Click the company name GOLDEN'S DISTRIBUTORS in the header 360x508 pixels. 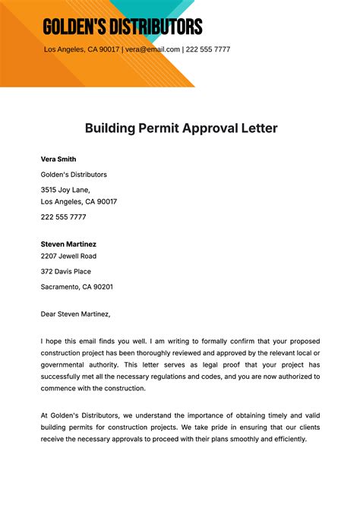(122, 28)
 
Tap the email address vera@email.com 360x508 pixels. (153, 49)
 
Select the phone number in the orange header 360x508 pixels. (208, 49)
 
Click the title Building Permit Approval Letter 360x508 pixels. (181, 128)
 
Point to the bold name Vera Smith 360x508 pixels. (58, 159)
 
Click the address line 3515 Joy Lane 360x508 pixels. (65, 190)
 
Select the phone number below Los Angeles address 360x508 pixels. (63, 217)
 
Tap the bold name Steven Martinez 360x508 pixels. (68, 245)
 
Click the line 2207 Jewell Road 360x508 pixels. (68, 257)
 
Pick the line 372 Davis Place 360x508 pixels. (65, 272)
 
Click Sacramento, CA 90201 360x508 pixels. (77, 287)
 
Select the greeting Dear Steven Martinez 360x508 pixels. (76, 314)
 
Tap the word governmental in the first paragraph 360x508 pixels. (64, 364)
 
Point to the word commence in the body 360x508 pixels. (61, 388)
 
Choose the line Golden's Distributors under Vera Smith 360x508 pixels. (74, 175)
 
